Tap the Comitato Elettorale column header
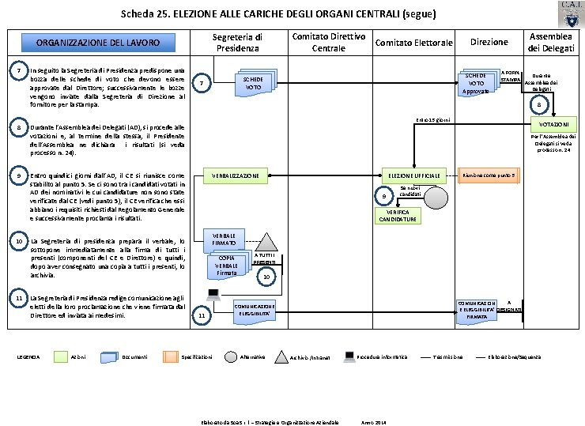click(x=413, y=42)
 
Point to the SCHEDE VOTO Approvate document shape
click(x=477, y=81)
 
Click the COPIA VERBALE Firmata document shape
click(x=227, y=266)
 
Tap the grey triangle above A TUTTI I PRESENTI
click(x=268, y=239)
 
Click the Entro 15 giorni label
click(x=432, y=119)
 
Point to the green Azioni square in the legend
click(x=59, y=357)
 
